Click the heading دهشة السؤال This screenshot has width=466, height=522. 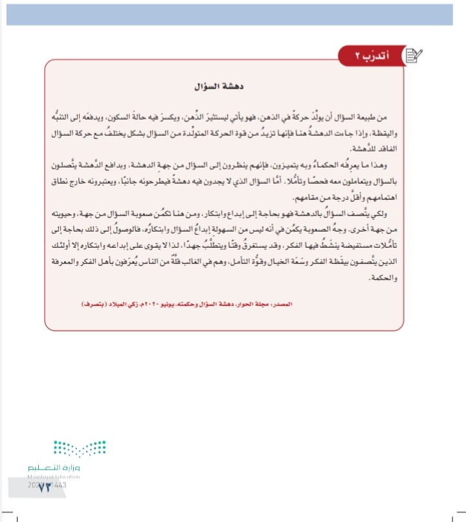coord(223,85)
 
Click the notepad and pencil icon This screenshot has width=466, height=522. coord(412,56)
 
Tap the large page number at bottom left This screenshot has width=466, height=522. coord(44,486)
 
